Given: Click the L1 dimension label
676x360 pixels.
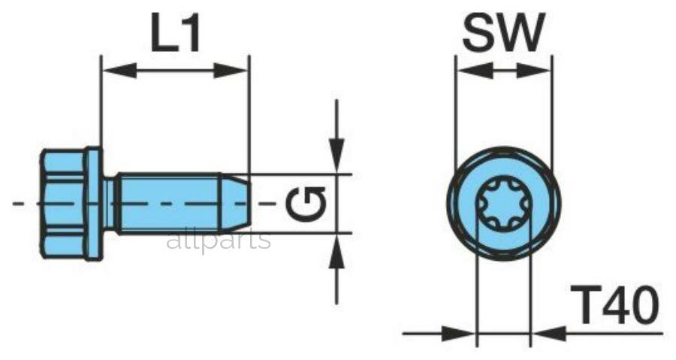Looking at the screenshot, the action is click(x=176, y=33).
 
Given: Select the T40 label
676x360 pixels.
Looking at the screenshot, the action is click(x=614, y=305).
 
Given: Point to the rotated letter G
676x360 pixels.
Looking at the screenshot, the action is click(x=305, y=203).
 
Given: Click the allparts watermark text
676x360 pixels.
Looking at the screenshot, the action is click(x=219, y=240).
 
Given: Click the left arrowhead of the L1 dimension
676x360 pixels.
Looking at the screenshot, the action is click(x=119, y=71).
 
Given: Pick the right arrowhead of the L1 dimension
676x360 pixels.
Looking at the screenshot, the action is click(x=231, y=71).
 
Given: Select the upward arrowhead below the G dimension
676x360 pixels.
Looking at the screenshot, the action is click(x=336, y=251).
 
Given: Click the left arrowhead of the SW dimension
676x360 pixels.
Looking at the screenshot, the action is click(x=474, y=71).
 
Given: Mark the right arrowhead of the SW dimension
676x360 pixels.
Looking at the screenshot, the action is click(x=534, y=71).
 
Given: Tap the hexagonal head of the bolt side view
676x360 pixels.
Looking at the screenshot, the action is click(x=64, y=204).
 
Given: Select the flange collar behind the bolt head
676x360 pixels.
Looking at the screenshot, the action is click(x=95, y=204).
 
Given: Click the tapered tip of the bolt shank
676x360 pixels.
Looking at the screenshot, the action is click(x=237, y=204).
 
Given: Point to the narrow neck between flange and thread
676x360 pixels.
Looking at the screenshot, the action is click(x=110, y=204).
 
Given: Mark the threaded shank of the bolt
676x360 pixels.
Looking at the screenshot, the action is click(x=169, y=204).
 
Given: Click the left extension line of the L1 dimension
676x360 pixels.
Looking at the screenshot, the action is click(x=101, y=101).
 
